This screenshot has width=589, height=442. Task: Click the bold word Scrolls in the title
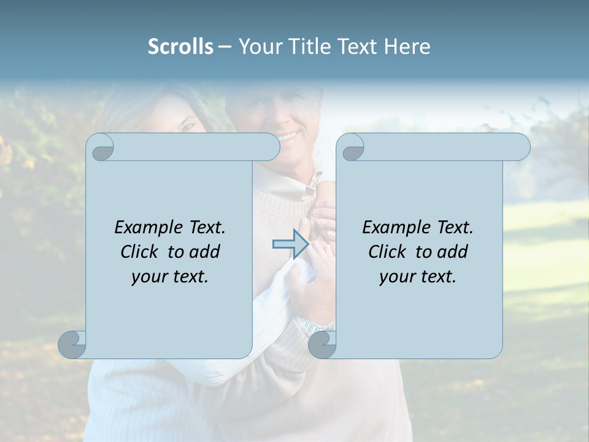pos(181,46)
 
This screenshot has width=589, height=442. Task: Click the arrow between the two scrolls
pos(290,244)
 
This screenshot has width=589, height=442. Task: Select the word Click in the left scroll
pos(141,252)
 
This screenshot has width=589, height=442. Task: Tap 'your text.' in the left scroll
pos(170,276)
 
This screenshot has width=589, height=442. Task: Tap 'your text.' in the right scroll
pos(418,276)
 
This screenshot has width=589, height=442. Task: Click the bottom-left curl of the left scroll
pos(72,344)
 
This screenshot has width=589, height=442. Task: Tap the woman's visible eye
pos(188,126)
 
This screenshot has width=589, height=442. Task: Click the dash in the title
pos(225,47)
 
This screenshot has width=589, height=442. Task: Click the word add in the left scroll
pos(206,252)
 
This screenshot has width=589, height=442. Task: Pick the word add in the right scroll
pos(453,252)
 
